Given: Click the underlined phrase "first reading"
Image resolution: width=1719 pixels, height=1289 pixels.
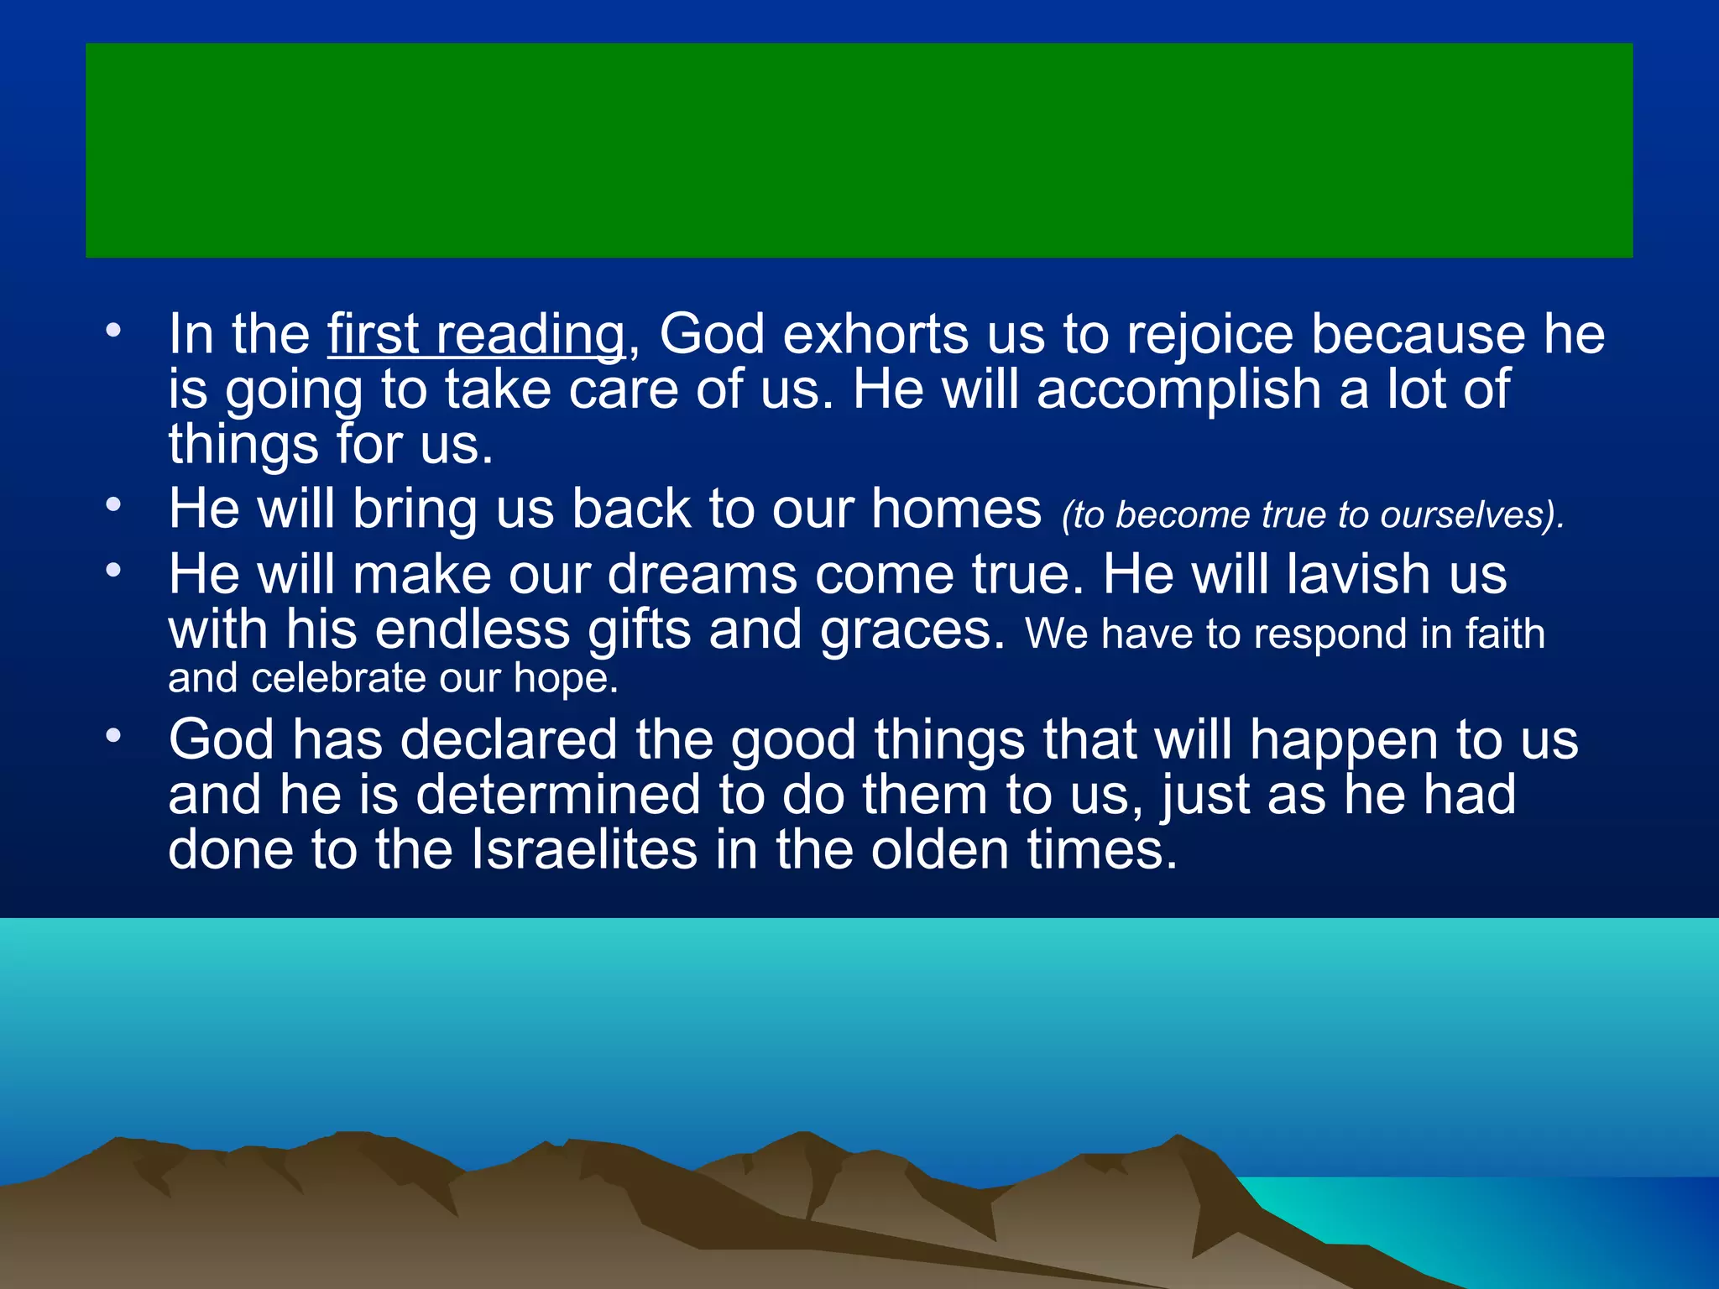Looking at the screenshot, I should [476, 335].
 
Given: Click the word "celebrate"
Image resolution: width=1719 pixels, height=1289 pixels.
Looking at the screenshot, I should [338, 678].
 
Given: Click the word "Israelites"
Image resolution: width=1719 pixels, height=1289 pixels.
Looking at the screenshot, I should [583, 849].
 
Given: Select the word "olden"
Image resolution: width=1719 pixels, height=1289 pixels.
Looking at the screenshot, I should [939, 849].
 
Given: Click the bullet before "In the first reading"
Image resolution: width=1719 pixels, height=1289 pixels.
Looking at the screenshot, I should [113, 331].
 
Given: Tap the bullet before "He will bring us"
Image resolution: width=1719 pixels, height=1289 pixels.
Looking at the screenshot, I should [113, 505].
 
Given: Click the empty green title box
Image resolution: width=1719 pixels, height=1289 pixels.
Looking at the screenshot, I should [859, 150].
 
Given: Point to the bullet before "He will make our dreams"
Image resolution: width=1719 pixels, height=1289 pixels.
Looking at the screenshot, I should [113, 571].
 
